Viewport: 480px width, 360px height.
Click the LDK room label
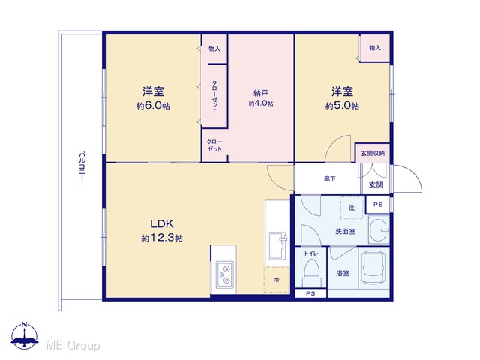(162, 223)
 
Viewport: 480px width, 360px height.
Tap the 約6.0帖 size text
(153, 106)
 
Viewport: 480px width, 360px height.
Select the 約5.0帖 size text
(342, 106)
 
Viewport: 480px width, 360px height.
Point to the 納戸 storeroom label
(261, 93)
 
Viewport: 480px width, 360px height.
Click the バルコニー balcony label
(82, 166)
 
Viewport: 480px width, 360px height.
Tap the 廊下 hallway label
(329, 178)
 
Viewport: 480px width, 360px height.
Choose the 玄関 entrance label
(376, 185)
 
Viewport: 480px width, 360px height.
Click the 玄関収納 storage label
(373, 153)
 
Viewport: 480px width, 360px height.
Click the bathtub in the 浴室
(373, 268)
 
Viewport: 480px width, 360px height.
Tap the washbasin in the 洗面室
(379, 230)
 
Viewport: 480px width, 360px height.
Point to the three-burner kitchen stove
(225, 274)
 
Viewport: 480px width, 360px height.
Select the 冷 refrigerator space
(277, 280)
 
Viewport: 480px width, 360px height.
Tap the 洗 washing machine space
(352, 208)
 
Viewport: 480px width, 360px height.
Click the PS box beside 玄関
(378, 205)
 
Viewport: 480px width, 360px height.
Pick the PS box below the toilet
(310, 293)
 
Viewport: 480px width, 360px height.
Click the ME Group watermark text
(73, 345)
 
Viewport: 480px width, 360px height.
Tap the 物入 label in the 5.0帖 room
(375, 48)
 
